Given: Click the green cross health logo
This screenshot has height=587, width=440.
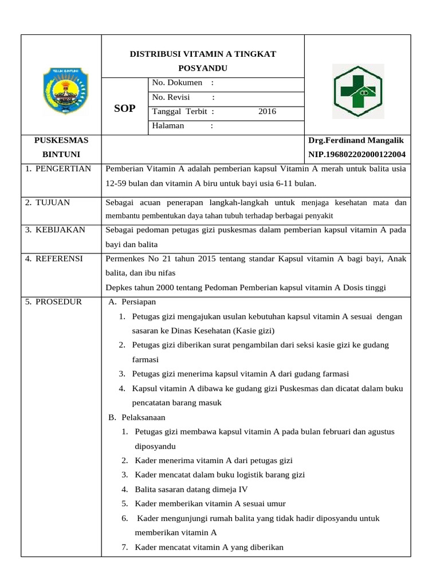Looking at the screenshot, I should point(359,91).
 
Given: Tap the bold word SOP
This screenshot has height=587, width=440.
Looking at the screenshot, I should point(125,108).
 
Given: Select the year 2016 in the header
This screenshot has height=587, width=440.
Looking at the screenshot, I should point(267,111).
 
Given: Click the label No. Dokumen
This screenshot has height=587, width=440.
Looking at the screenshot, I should point(177,83).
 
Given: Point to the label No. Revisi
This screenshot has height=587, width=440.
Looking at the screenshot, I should point(171,97).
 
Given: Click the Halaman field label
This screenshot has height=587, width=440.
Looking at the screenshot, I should point(168,126).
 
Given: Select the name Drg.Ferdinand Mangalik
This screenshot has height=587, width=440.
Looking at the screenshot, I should point(356,140).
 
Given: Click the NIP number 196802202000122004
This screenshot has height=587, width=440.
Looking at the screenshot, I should point(356,154).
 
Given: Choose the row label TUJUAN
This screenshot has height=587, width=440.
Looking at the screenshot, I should point(54,202).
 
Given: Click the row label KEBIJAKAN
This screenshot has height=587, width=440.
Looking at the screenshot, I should point(60,230).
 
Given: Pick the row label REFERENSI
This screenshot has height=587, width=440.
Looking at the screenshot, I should point(58,259).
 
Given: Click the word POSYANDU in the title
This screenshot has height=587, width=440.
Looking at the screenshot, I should point(203,68).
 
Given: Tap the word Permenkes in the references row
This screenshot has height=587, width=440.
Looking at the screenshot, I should point(124,259).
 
